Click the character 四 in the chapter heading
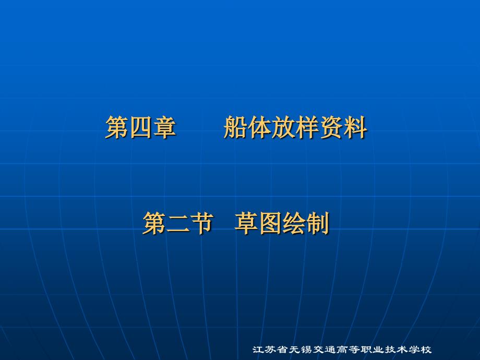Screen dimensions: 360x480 [140, 128]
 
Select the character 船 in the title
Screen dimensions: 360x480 [236, 128]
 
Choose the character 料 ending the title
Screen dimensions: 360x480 [355, 128]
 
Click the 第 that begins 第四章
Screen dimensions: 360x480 [117, 128]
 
